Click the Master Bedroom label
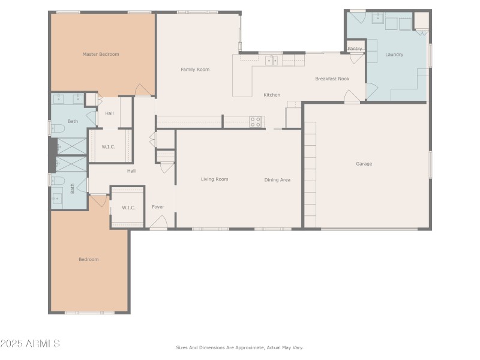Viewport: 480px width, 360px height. (100, 55)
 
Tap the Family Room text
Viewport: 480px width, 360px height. (195, 70)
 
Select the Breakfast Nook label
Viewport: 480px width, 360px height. (332, 79)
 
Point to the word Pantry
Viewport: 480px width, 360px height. (355, 49)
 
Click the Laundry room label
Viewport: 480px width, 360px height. (394, 55)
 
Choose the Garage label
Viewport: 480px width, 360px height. (364, 164)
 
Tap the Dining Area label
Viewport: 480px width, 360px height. (277, 179)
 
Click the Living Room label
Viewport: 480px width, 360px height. (214, 179)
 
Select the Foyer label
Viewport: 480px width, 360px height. (158, 207)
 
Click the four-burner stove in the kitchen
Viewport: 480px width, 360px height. (256, 122)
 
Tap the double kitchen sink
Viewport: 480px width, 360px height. (272, 60)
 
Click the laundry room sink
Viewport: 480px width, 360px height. (378, 19)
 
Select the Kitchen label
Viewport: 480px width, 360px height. (272, 95)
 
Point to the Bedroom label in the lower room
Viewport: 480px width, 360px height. (88, 259)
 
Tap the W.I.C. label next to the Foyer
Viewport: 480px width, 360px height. (128, 208)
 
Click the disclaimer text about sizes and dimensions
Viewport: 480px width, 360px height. (239, 347)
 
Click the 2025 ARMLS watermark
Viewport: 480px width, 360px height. (30, 344)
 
